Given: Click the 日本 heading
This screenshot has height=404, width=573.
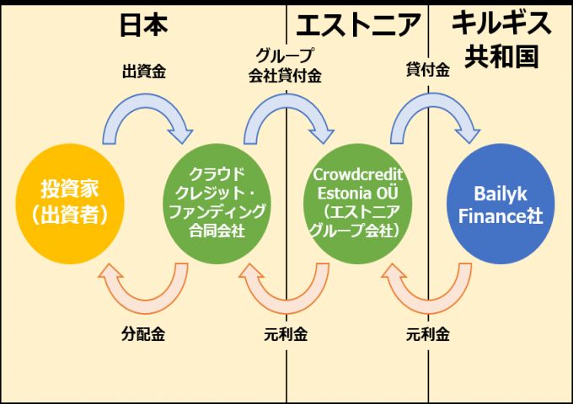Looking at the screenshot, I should [x=143, y=24].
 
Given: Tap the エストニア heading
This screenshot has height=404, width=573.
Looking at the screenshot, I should [x=358, y=24].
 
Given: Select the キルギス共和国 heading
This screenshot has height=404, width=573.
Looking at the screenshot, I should [x=501, y=39].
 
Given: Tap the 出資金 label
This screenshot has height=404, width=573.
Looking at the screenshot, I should [x=143, y=72].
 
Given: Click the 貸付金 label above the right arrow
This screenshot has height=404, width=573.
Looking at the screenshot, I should [x=427, y=72].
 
